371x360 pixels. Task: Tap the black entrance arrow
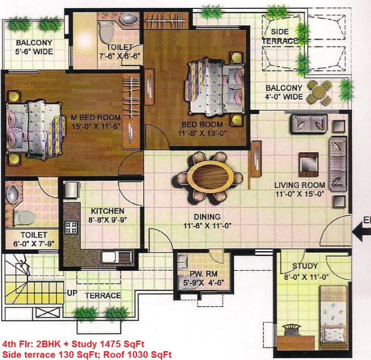[x=362, y=232]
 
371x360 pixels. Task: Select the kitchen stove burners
[x=71, y=227]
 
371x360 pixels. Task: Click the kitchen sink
[x=117, y=258]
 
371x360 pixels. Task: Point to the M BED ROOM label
[x=96, y=117]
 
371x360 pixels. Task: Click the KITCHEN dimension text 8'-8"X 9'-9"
[x=108, y=220]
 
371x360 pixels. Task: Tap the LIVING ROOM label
[x=300, y=185]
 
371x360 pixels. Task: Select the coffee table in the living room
[x=308, y=164]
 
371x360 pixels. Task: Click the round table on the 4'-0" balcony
[x=319, y=92]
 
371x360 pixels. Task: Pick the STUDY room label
[x=305, y=266]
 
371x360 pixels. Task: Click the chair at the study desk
[x=292, y=330]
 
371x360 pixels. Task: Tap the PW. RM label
[x=204, y=274]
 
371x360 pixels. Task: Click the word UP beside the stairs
[x=72, y=293]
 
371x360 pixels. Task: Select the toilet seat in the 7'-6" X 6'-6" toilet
[x=107, y=33]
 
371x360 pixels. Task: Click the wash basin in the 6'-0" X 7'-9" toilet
[x=12, y=194]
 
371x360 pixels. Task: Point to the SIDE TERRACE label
[x=280, y=37]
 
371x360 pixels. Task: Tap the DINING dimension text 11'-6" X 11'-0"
[x=207, y=226]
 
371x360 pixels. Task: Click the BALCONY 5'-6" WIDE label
[x=34, y=47]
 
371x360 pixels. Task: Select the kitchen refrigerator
[x=71, y=189]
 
